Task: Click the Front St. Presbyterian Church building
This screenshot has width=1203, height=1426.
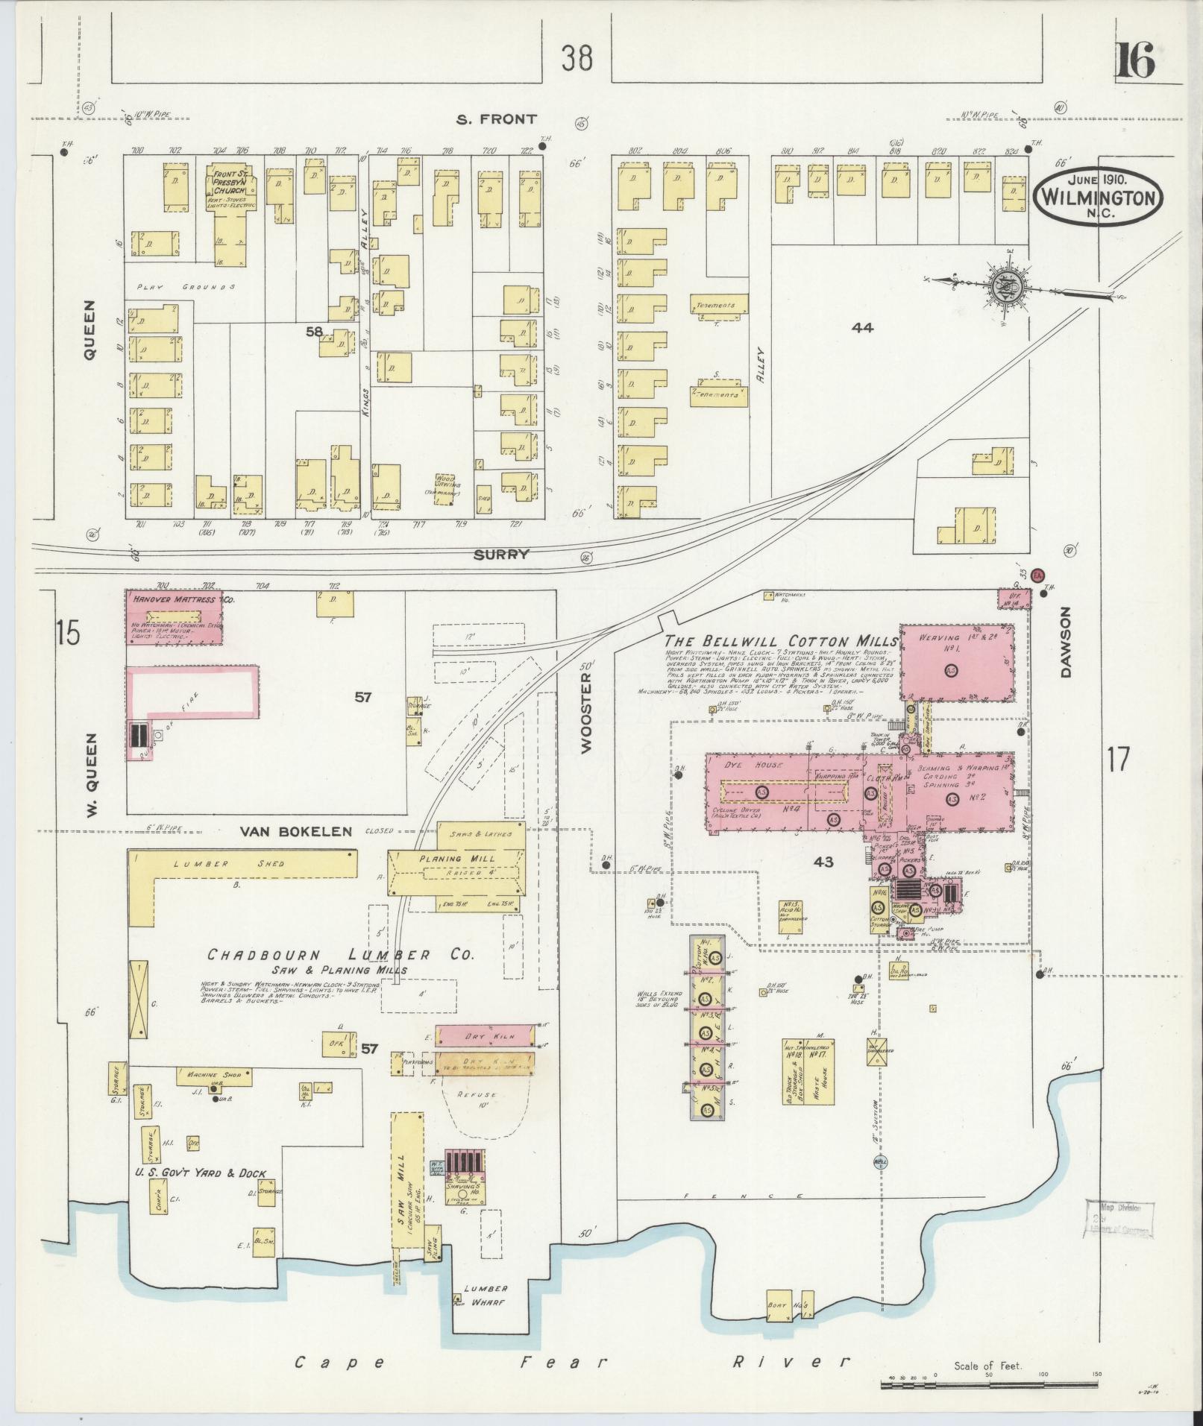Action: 230,216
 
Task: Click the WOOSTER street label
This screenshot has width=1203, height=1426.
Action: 585,711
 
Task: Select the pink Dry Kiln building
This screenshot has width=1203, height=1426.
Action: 486,1036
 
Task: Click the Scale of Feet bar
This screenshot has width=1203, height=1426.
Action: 988,1385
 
